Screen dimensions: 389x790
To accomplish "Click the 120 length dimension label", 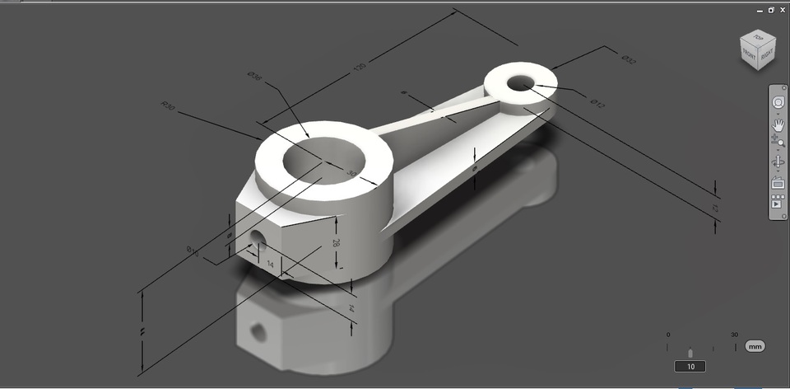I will [x=359, y=68].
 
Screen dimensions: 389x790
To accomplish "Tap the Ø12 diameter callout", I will [x=597, y=105].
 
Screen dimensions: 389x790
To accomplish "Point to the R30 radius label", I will [x=169, y=105].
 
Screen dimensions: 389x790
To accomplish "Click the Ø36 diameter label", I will [x=254, y=77].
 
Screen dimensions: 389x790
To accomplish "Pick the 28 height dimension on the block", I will [x=336, y=242].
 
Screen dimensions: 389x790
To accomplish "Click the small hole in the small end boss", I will [x=520, y=83].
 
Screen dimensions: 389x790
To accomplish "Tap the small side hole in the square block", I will [x=258, y=239].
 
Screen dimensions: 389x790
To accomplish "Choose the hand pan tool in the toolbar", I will [x=778, y=124].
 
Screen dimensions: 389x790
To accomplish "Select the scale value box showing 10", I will [x=690, y=366].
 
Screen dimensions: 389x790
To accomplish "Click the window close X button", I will [x=782, y=10].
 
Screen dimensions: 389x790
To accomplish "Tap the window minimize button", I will [x=760, y=10].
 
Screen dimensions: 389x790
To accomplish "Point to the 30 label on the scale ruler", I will [x=734, y=335].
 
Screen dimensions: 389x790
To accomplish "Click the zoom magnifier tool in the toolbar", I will [x=778, y=143].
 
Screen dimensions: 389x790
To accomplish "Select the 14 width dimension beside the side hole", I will [x=269, y=264].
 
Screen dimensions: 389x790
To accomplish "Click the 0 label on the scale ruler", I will [x=668, y=335].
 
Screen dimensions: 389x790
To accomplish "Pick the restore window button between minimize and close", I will [x=771, y=10].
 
